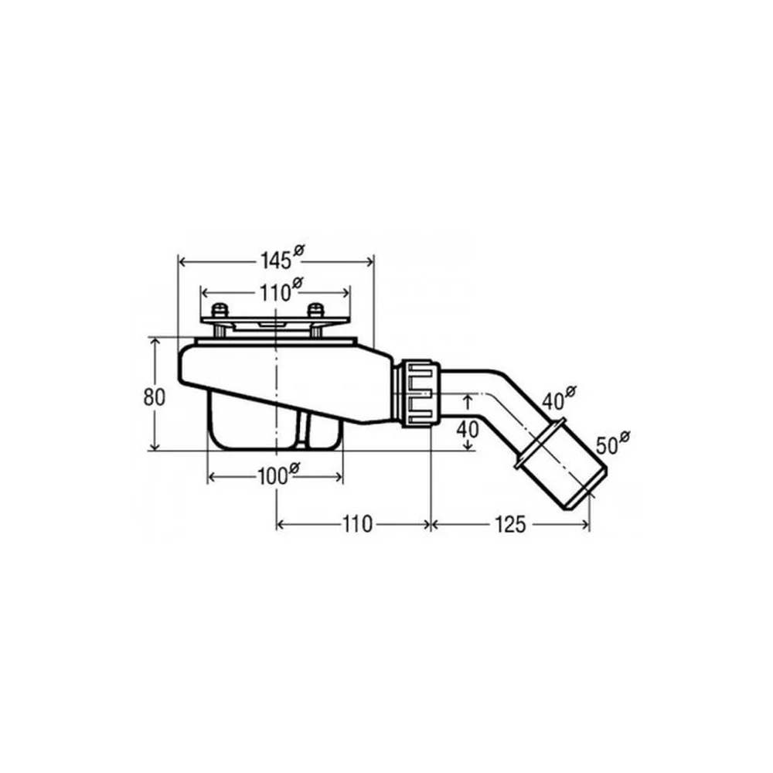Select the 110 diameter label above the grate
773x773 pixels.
point(281,291)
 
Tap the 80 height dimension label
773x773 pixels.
point(155,397)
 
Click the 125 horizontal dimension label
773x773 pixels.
point(510,525)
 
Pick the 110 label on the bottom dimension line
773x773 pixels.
point(357,524)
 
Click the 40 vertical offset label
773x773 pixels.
point(468,430)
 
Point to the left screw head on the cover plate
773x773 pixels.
point(220,311)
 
